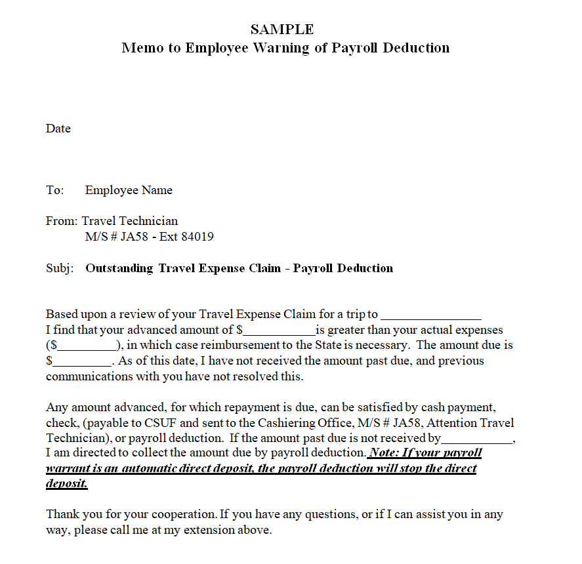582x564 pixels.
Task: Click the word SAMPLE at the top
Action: coord(282,30)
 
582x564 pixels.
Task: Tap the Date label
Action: coord(58,129)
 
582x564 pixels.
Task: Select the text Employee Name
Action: coord(129,190)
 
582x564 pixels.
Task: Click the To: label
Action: coord(55,190)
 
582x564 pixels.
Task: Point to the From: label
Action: coord(62,221)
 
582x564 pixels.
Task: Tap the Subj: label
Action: coord(60,268)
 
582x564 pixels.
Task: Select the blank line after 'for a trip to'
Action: coord(431,315)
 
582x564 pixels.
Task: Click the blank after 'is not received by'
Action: coord(476,439)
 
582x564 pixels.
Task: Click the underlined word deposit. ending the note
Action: coord(66,484)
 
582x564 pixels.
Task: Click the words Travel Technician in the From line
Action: coord(130,221)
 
